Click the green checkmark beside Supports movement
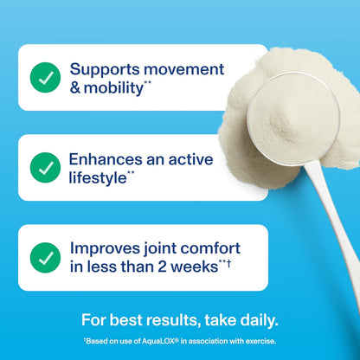pos(45,78)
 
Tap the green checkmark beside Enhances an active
pos(45,167)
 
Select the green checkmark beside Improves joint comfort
pos(45,257)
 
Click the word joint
pos(164,248)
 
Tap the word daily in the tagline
pos(254,320)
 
